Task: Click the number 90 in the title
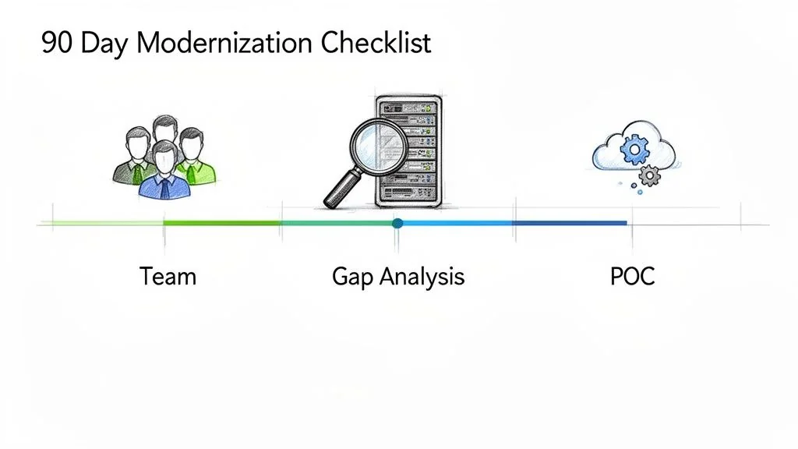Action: (x=58, y=43)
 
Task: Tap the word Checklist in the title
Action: (x=376, y=43)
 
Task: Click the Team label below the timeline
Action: (x=168, y=276)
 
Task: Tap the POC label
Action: (x=633, y=276)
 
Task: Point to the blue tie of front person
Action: (x=164, y=183)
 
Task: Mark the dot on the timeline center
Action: (x=398, y=224)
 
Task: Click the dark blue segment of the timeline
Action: (x=569, y=224)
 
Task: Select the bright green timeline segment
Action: (x=222, y=224)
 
